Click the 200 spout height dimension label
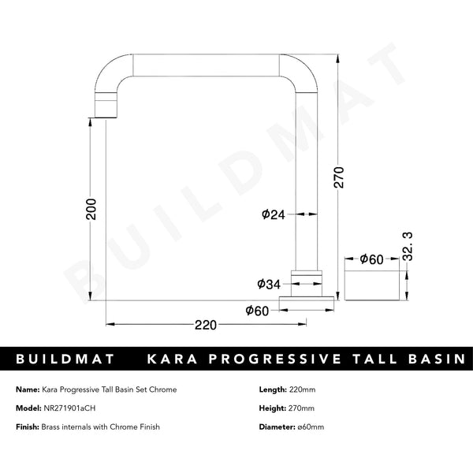coord(91,208)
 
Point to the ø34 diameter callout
coord(268,283)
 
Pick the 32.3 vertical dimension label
coord(408,247)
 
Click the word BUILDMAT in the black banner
coord(66,359)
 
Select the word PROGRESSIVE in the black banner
coord(273,359)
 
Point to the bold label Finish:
coord(28,426)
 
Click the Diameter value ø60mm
coord(310,426)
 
